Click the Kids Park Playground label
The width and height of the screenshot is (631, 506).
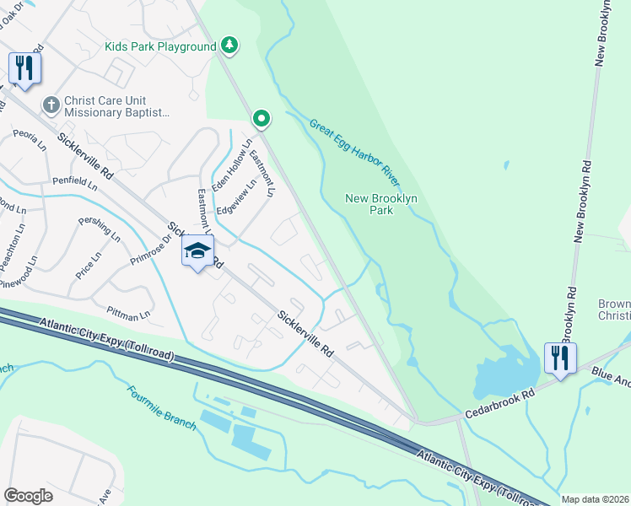pos(160,47)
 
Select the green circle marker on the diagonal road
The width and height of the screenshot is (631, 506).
pos(262,120)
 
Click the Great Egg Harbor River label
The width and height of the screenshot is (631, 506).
pos(354,153)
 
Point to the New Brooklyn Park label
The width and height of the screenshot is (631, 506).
pos(382,204)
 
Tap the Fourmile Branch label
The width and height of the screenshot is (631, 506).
pos(162,407)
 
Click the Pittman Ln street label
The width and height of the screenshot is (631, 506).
pos(128,314)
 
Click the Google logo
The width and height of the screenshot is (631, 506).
pos(28,495)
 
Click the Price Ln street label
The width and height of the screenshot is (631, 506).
pos(89,265)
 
